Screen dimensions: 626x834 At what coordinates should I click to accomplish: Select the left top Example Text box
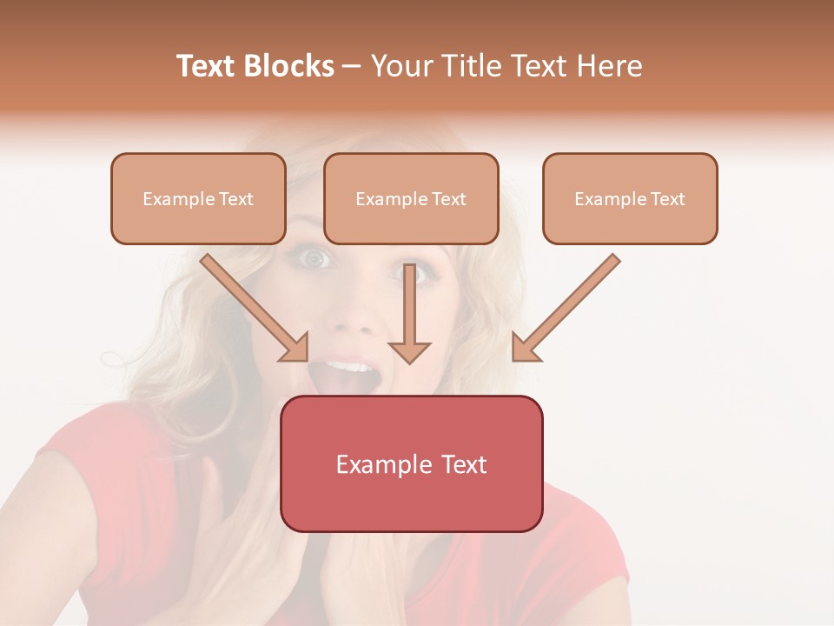[x=198, y=198]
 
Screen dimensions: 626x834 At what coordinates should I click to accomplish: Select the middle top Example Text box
[x=411, y=198]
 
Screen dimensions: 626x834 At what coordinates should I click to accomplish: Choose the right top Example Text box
[x=630, y=198]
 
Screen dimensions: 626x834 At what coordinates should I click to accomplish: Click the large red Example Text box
[x=411, y=463]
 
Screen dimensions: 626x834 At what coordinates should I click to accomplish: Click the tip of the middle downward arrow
[x=409, y=360]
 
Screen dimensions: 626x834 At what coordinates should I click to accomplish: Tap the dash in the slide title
[x=352, y=66]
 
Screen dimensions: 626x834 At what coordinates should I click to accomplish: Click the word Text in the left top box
[x=236, y=199]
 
